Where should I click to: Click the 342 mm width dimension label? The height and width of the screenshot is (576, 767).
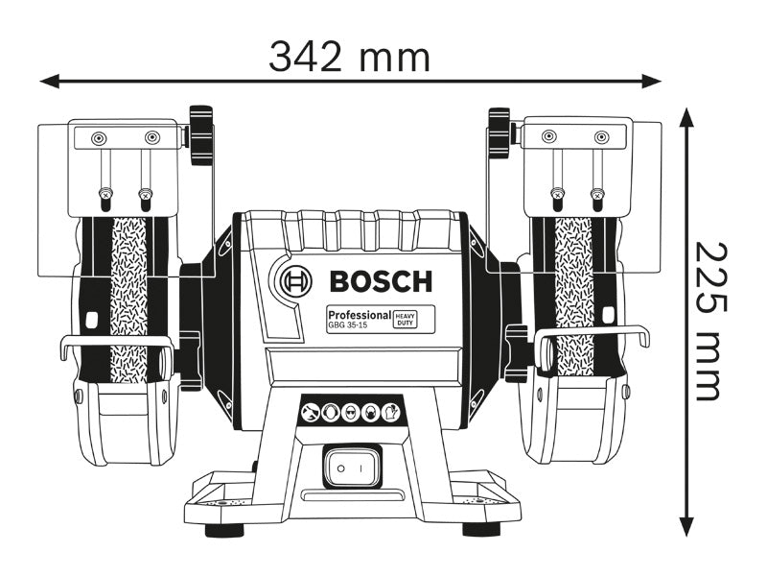click(349, 58)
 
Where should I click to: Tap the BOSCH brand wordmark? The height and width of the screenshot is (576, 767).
click(381, 281)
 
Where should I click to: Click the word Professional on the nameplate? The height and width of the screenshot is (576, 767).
click(359, 314)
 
